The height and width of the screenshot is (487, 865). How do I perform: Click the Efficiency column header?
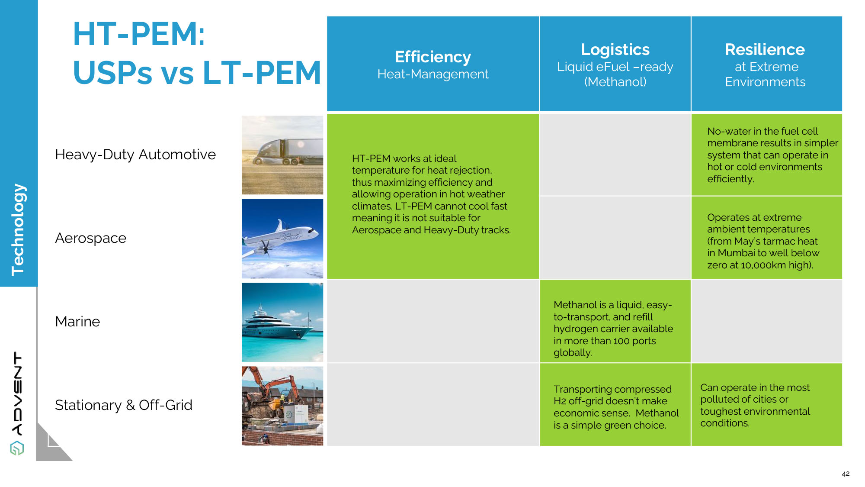pos(433,64)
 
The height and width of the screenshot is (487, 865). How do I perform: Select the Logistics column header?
pos(615,64)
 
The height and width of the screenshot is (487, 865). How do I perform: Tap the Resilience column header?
pos(766,64)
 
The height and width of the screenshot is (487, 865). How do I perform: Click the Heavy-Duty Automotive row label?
pos(135,155)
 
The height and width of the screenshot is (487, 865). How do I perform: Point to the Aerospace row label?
pos(91,238)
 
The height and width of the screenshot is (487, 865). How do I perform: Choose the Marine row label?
pos(77,322)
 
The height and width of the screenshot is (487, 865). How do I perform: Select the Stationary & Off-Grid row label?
pos(124,405)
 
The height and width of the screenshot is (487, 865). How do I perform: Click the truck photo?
pos(282,155)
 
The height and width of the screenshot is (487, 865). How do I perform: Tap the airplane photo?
pos(282,239)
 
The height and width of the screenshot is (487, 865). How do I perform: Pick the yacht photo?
pos(282,322)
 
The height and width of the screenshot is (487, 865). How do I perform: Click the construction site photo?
pos(282,406)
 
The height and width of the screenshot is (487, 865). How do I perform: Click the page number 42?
pos(846,474)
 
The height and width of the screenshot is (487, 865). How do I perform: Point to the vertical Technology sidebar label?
pos(18,229)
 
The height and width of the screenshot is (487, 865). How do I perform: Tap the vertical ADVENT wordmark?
pos(17,393)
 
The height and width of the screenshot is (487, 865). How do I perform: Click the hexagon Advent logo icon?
pos(17,448)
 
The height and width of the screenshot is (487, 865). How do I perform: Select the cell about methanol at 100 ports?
pos(615,321)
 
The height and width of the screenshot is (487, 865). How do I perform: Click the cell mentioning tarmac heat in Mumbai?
pos(766,238)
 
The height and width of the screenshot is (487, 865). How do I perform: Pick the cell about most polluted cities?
pos(766,405)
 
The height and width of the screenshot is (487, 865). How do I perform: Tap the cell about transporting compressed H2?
pos(615,405)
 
